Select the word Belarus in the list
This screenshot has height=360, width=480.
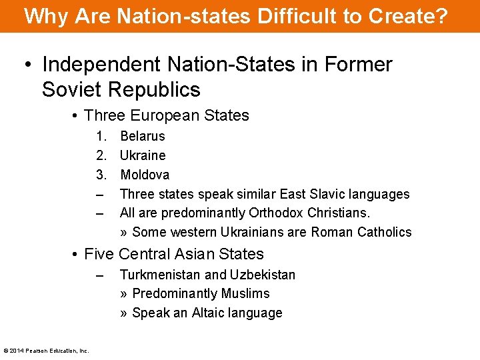click(x=142, y=136)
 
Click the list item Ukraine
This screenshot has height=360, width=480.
click(x=143, y=155)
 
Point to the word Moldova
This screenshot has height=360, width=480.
click(x=145, y=175)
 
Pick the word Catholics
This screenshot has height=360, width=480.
click(x=384, y=232)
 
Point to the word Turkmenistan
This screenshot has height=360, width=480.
click(x=160, y=275)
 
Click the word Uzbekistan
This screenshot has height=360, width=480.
click(x=263, y=275)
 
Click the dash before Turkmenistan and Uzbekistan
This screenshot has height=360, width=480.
click(x=100, y=275)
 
